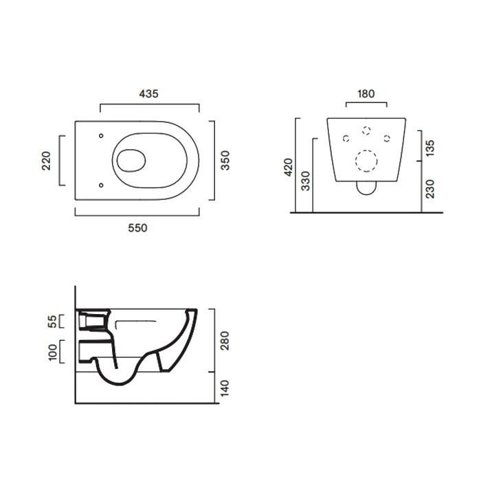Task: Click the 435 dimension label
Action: click(149, 93)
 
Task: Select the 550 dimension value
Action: click(137, 228)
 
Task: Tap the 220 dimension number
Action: click(46, 161)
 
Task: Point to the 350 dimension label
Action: click(225, 160)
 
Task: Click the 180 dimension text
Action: click(366, 93)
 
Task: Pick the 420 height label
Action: click(289, 167)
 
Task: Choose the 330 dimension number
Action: click(306, 181)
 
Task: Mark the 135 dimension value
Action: click(430, 148)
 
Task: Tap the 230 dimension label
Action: click(430, 189)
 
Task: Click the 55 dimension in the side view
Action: click(52, 321)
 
